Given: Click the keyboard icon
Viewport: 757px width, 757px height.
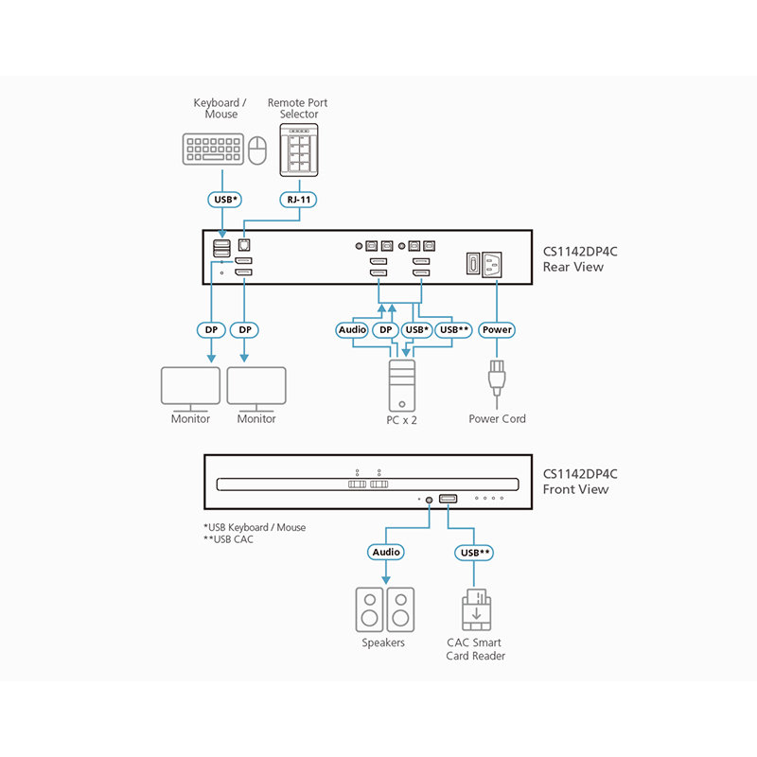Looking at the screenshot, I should (x=213, y=149).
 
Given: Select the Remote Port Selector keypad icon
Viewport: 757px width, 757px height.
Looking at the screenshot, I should (x=299, y=150).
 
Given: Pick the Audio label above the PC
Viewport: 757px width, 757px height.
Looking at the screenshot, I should (x=352, y=330).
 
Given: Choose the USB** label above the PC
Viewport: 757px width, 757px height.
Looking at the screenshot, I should (x=453, y=330).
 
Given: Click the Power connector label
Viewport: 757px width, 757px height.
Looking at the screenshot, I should (x=497, y=330).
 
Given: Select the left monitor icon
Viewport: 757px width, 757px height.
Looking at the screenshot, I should (x=190, y=388).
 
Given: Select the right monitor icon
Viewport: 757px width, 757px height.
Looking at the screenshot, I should (x=256, y=388).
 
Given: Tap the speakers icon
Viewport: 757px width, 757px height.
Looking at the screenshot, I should (x=384, y=609).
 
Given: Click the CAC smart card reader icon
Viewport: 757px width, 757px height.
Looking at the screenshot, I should (x=475, y=610).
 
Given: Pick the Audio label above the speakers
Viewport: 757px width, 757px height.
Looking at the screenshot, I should (x=385, y=552).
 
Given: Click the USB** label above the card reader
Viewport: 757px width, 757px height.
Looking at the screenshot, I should (x=475, y=552).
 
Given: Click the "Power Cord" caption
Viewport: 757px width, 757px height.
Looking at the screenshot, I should (x=497, y=418).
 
